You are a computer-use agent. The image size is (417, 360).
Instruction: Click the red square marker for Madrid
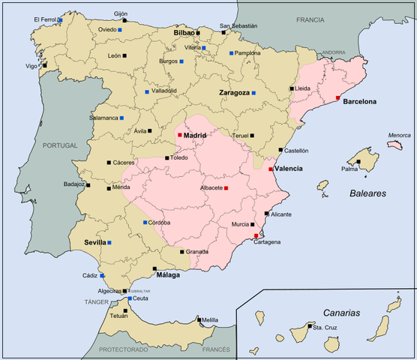[x=180, y=136]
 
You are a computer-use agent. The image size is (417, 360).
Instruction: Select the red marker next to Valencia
[x=271, y=169]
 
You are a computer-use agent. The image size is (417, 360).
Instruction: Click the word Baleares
[x=367, y=193]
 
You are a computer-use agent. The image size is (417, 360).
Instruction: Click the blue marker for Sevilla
[x=109, y=243]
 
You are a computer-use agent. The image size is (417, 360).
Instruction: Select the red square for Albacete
[x=226, y=187]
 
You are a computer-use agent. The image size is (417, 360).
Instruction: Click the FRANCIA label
[x=313, y=20]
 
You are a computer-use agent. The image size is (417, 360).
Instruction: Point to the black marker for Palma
[x=358, y=169]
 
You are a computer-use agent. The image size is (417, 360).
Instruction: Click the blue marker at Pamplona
[x=231, y=53]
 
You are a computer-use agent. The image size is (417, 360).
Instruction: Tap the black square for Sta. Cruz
[x=309, y=327]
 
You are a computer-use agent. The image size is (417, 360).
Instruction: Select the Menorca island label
[x=399, y=136]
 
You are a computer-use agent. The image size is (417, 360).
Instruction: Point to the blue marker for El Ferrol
[x=60, y=19]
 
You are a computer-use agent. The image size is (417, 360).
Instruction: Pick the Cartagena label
[x=268, y=242]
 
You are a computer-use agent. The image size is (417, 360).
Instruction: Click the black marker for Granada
[x=181, y=252]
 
